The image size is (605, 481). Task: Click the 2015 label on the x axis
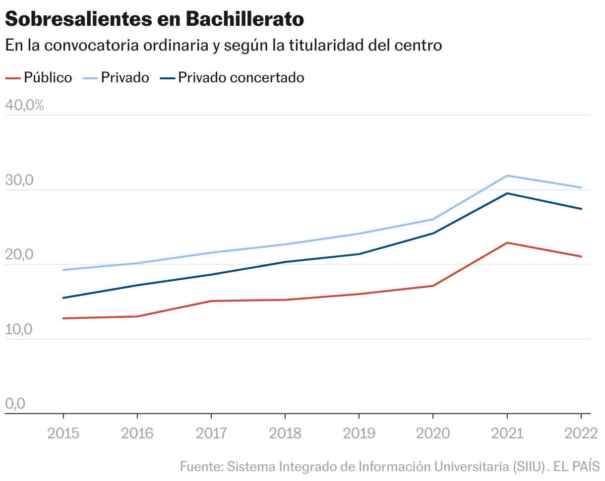tap(63, 433)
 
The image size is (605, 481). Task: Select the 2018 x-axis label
tap(285, 433)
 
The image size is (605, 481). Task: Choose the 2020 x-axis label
tap(433, 433)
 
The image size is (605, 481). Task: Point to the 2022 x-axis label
tap(581, 433)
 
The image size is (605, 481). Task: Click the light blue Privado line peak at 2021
tap(507, 176)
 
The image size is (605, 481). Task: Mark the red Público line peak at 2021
tap(507, 243)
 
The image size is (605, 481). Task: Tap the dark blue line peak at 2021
tap(507, 193)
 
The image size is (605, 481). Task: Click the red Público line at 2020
tap(433, 286)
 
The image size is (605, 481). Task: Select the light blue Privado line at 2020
tap(433, 219)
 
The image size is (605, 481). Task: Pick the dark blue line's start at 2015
tap(63, 298)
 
